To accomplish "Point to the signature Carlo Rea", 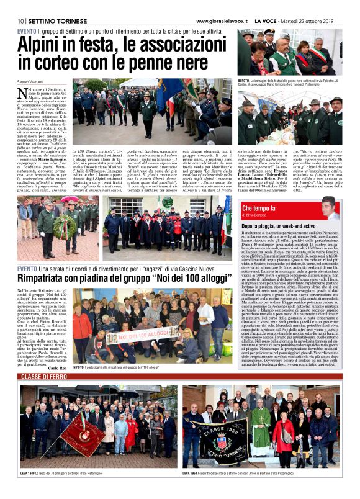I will (x=55, y=367).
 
